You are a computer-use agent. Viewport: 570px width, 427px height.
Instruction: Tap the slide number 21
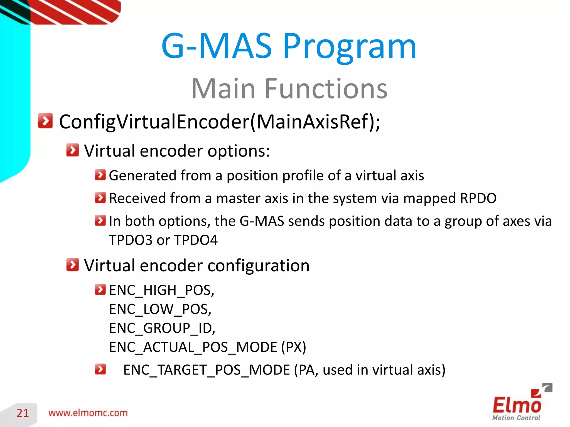pos(23,413)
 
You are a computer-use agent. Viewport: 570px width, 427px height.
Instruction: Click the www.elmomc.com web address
pos(88,413)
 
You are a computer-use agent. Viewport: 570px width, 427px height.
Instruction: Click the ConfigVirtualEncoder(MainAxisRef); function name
pos(220,122)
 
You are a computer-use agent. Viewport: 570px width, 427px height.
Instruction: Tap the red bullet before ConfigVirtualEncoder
pos(45,121)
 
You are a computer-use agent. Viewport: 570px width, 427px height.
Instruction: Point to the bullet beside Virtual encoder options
pos(73,150)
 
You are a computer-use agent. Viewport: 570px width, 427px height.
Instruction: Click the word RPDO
pos(478,198)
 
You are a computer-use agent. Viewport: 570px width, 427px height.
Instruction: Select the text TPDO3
pos(130,240)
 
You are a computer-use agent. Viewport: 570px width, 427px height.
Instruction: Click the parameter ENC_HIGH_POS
pos(161,291)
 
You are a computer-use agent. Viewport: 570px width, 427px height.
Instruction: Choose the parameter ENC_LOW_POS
pos(160,309)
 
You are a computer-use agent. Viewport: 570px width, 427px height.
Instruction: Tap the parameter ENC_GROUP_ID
pos(162,328)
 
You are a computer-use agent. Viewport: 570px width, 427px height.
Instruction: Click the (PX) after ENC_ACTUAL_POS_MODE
pos(293,347)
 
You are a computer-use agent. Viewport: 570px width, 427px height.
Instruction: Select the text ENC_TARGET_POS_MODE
pos(207,370)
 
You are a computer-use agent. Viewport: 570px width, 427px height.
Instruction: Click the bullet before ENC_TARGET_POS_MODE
pos(100,369)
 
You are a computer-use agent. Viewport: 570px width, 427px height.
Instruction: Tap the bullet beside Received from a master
pos(100,198)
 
